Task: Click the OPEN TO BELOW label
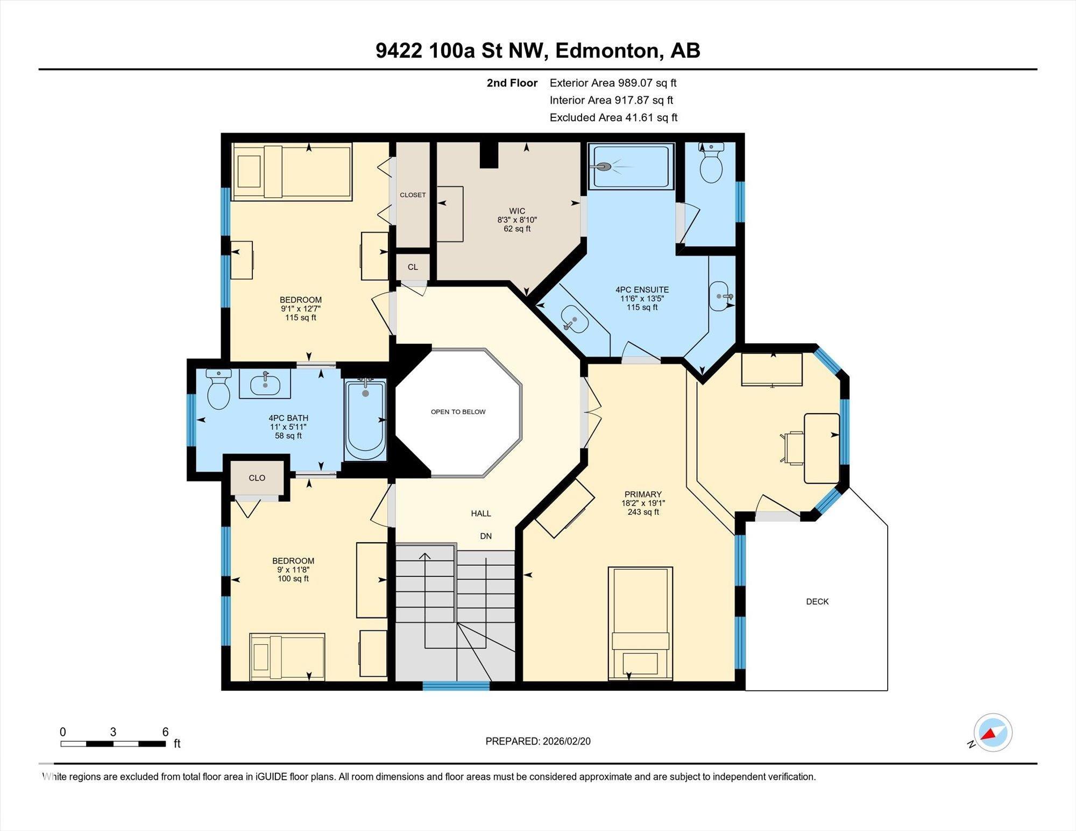click(x=458, y=412)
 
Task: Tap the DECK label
click(x=817, y=601)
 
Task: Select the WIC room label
click(x=516, y=211)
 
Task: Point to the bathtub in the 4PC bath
click(x=365, y=421)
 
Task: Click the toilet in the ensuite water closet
click(x=711, y=164)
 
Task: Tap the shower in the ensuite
click(x=631, y=167)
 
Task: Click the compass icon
click(x=993, y=733)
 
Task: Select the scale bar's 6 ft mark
click(x=165, y=732)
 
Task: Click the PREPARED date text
click(x=537, y=741)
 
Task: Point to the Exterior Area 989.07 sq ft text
click(x=613, y=83)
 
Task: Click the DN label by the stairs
click(x=485, y=536)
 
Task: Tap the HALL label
click(x=480, y=513)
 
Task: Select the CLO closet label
click(x=257, y=478)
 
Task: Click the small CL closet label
click(x=412, y=267)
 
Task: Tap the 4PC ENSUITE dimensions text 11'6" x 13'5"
click(x=641, y=299)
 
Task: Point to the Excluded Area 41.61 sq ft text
click(x=613, y=117)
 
